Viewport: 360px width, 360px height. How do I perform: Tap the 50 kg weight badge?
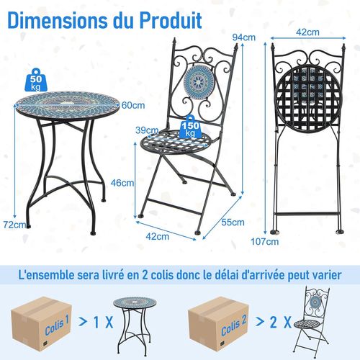click(x=37, y=79)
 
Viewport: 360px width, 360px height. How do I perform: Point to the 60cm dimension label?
click(x=130, y=106)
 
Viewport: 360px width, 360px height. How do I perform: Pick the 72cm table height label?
click(x=13, y=225)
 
